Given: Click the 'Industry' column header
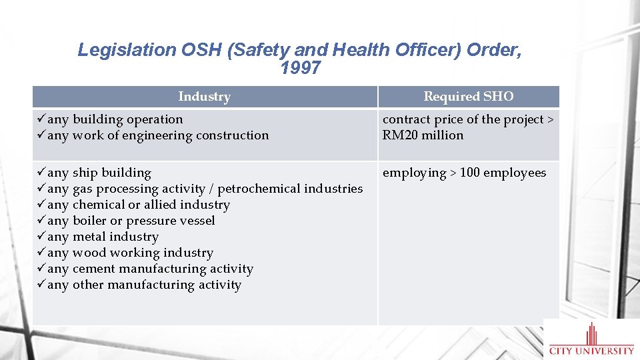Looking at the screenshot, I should (204, 97).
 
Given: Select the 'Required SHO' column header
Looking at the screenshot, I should (469, 97).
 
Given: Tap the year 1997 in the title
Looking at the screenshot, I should (301, 68).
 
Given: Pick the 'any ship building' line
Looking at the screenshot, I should (99, 173).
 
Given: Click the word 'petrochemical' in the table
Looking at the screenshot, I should (259, 189).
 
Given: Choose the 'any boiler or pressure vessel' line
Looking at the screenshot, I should (131, 221).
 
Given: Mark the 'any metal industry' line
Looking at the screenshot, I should (103, 237).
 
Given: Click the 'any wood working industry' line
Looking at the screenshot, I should (130, 253).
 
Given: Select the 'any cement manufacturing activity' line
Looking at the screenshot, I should (150, 269).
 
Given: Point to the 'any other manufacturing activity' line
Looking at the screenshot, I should (144, 285).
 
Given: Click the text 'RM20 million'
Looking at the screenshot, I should (423, 135).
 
